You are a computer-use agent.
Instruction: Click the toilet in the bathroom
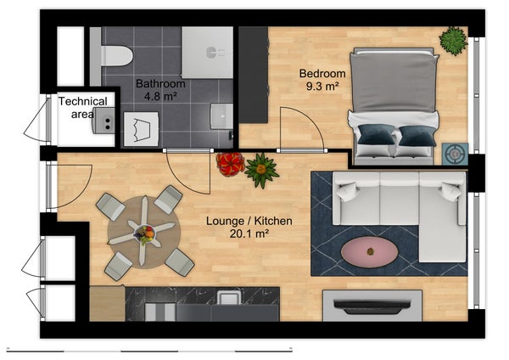[x=116, y=54]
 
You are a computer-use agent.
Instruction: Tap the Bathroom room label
[x=160, y=84]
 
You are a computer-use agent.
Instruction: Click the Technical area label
[x=82, y=108]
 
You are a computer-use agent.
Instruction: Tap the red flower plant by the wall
[x=228, y=163]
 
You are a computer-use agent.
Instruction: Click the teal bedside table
[x=455, y=154]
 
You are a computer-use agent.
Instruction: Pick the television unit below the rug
[x=372, y=305]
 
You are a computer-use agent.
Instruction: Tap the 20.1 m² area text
[x=249, y=235]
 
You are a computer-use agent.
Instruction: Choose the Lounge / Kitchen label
[x=249, y=221]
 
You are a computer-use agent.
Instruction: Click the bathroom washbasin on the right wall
[x=222, y=114]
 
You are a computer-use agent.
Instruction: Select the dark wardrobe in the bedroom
[x=252, y=76]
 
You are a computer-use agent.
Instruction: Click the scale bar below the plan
[x=148, y=348]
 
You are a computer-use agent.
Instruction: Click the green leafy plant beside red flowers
[x=261, y=170]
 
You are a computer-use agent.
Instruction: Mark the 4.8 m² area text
[x=160, y=98]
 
